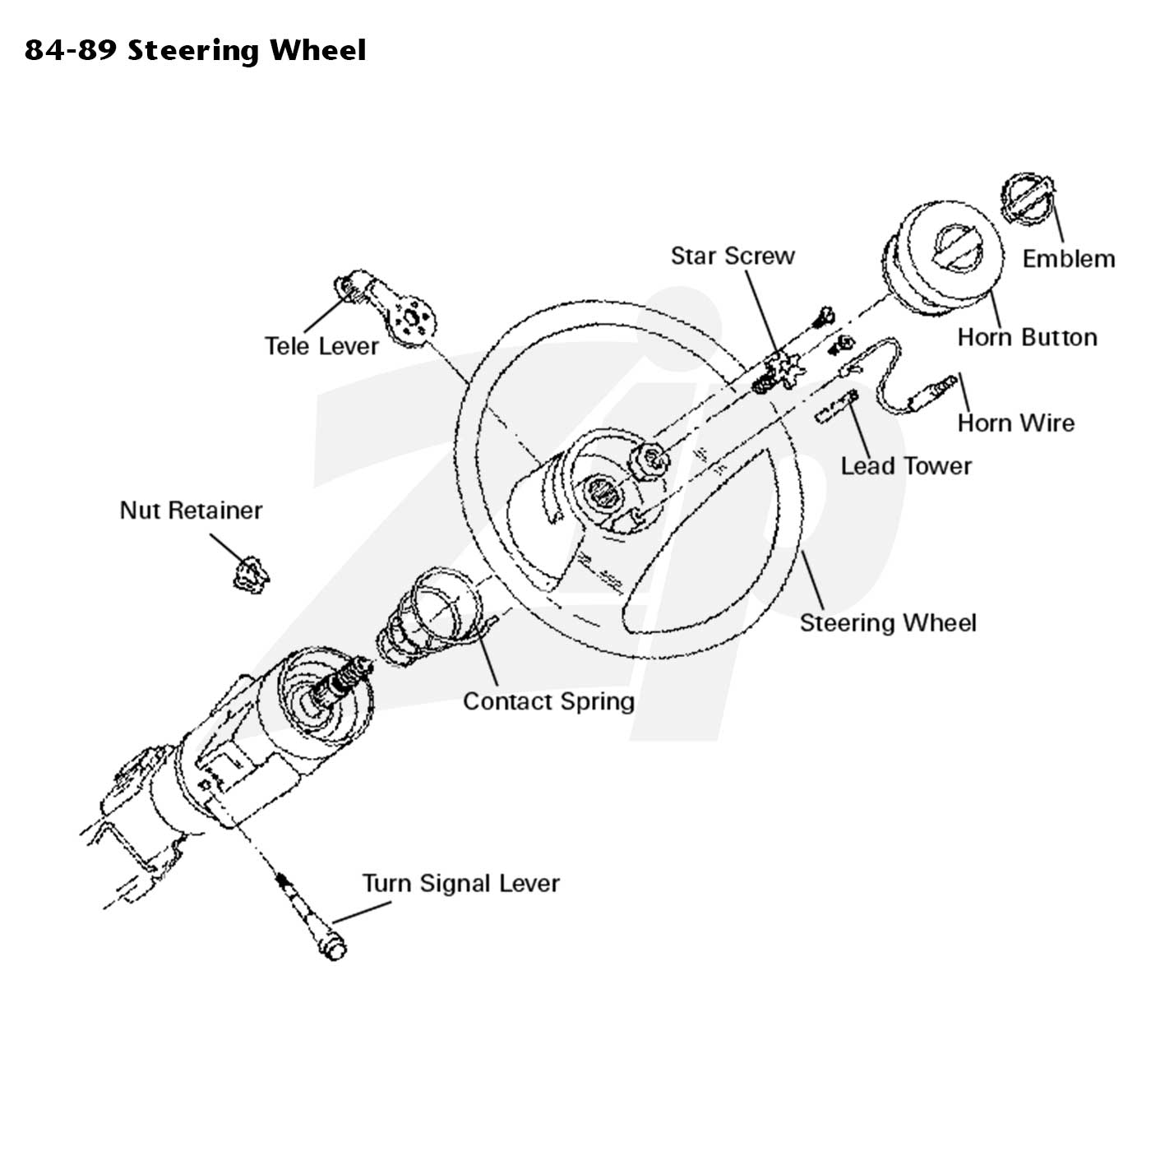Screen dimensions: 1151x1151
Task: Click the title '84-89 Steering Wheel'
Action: [195, 50]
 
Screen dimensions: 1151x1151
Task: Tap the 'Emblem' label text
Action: [1068, 259]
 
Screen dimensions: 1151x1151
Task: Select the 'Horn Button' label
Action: [1027, 337]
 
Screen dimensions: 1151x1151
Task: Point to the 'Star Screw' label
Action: [733, 256]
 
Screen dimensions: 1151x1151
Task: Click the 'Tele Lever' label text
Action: [321, 346]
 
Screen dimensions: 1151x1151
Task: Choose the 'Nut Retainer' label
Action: [191, 510]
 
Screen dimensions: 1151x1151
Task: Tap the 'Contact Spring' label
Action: [548, 702]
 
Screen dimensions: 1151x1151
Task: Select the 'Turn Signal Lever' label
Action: [460, 884]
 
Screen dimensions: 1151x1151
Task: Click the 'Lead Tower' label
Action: [905, 466]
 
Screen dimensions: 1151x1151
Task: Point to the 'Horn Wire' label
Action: [1015, 423]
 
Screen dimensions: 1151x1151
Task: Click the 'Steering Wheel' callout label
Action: [888, 623]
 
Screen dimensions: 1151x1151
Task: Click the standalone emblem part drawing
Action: [1028, 200]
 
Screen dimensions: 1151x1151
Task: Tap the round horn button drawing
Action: [942, 259]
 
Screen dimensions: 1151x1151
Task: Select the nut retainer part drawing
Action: [250, 575]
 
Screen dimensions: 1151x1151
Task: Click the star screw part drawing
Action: [779, 373]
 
